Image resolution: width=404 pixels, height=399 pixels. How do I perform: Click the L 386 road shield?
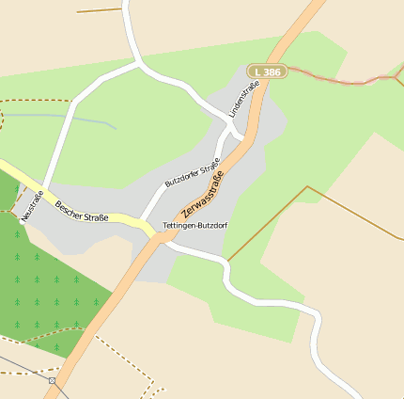pyautogui.click(x=267, y=72)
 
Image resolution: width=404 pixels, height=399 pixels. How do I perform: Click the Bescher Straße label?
pyautogui.click(x=82, y=211)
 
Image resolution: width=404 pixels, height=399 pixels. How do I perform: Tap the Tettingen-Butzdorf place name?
pyautogui.click(x=195, y=227)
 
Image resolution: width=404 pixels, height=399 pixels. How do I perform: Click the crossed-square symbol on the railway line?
pyautogui.click(x=52, y=381)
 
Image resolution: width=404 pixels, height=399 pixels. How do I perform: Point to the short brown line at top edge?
pyautogui.click(x=99, y=10)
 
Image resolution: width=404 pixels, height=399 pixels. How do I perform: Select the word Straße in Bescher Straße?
pyautogui.click(x=95, y=215)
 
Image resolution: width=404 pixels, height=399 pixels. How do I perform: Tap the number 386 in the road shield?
pyautogui.click(x=272, y=72)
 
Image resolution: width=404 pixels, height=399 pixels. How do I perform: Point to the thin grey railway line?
pyautogui.click(x=23, y=366)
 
